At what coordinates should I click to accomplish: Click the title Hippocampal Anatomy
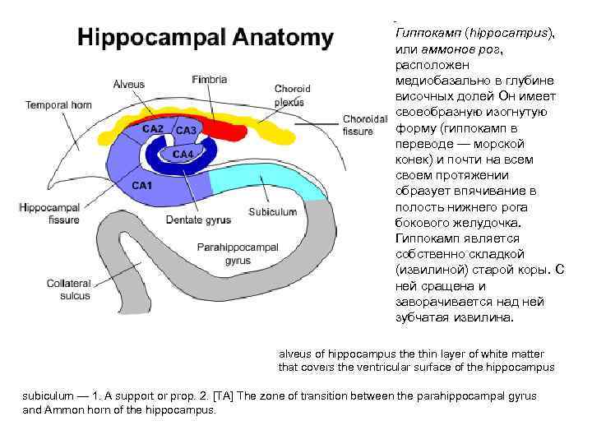[205, 38]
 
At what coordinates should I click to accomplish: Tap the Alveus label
[129, 85]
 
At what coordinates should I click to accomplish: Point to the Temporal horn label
[58, 105]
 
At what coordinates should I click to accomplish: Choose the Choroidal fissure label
[358, 124]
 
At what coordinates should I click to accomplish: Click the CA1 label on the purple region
[143, 186]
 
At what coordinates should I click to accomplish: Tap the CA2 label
[153, 129]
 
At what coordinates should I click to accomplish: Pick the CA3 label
[186, 130]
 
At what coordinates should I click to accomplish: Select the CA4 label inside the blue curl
[183, 154]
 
